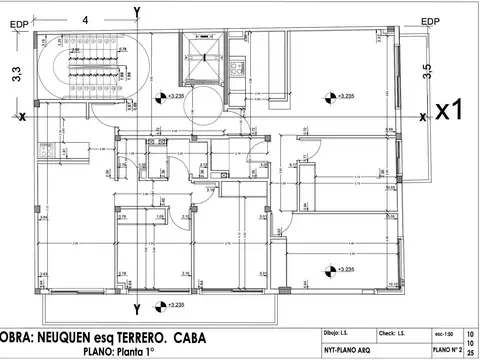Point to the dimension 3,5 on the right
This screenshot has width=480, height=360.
(x=427, y=71)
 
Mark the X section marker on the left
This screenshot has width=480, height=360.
(x=22, y=116)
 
